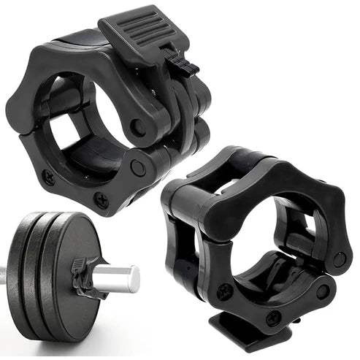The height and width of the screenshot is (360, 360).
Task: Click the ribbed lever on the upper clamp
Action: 147,34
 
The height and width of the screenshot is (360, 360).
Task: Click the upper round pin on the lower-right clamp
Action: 340,258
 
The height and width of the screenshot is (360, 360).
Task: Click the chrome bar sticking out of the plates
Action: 117,277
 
